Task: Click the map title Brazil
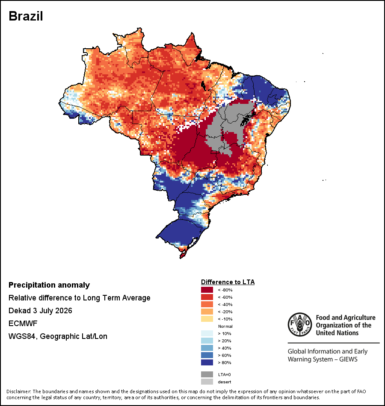click(26, 16)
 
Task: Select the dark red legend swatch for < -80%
click(207, 290)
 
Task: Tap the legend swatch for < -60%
click(207, 297)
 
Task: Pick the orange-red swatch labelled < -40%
click(207, 304)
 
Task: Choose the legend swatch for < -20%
click(207, 312)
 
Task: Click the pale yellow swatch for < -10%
click(207, 319)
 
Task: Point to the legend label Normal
click(225, 326)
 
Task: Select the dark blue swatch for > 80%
click(207, 362)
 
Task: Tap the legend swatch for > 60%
click(207, 355)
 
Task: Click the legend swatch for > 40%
click(207, 348)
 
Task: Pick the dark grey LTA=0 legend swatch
click(207, 374)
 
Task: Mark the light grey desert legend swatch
click(207, 382)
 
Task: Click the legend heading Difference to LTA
click(228, 282)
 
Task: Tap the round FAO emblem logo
click(300, 324)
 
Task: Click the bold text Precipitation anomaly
click(49, 285)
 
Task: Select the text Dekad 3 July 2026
click(40, 310)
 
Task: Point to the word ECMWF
click(23, 324)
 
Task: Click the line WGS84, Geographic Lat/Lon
click(58, 336)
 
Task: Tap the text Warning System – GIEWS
click(323, 359)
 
